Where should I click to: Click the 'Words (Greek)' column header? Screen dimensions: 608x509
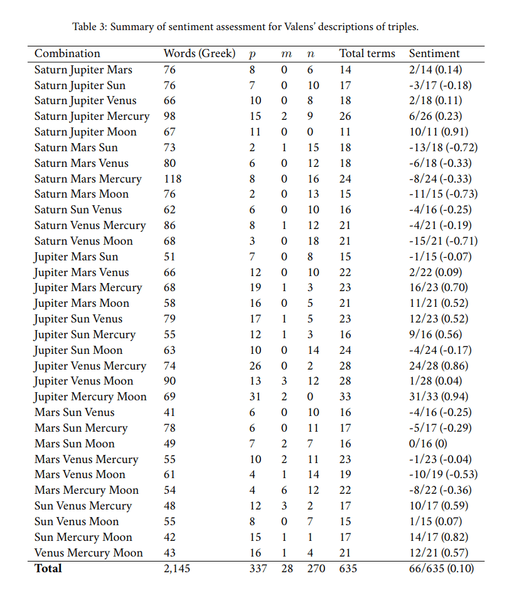click(x=199, y=54)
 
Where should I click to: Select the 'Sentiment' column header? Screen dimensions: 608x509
click(x=434, y=54)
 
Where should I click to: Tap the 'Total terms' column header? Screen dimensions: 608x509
click(x=367, y=54)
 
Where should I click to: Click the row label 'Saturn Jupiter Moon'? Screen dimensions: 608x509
click(x=85, y=132)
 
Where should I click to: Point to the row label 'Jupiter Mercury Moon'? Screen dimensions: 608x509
click(x=90, y=397)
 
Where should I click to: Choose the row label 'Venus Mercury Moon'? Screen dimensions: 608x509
click(x=88, y=553)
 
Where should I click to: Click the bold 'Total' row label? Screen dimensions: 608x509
click(x=48, y=568)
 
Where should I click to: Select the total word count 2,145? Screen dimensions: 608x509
click(x=176, y=569)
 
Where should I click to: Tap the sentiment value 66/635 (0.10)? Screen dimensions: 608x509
click(x=441, y=569)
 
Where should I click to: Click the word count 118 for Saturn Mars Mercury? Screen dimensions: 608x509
click(x=173, y=179)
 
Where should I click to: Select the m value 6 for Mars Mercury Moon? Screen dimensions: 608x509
click(x=284, y=490)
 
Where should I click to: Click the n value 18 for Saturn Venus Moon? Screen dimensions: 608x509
click(x=313, y=241)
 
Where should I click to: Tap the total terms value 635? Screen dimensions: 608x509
click(x=348, y=569)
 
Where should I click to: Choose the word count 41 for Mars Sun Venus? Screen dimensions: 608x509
click(x=169, y=412)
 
